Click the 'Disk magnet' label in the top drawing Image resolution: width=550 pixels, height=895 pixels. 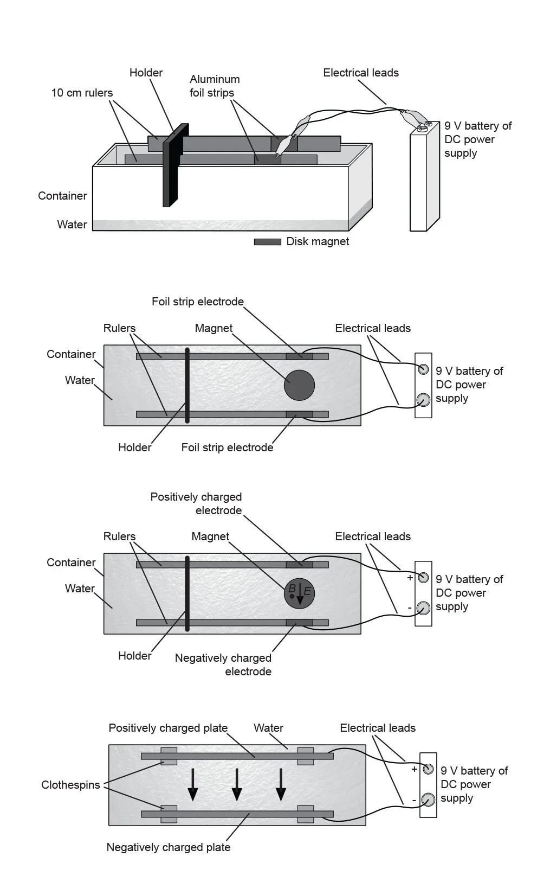click(x=318, y=241)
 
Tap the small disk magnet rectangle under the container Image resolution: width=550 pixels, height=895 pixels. click(x=268, y=242)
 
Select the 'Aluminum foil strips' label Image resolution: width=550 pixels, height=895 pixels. click(x=214, y=86)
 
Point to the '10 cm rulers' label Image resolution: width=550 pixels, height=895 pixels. click(x=82, y=93)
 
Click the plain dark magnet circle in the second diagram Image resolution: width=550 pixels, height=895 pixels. click(x=299, y=385)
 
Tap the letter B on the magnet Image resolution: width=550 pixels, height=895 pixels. click(x=292, y=589)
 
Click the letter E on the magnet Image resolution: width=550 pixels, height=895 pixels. click(x=307, y=591)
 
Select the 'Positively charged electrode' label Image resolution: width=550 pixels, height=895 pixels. click(x=196, y=503)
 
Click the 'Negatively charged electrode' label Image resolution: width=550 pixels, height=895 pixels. click(x=223, y=664)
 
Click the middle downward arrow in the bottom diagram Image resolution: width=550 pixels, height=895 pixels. click(x=237, y=785)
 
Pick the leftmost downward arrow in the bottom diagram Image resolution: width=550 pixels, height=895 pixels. click(x=192, y=785)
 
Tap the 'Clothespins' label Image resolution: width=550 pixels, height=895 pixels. click(x=70, y=785)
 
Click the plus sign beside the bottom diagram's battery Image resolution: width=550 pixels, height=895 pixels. click(x=415, y=769)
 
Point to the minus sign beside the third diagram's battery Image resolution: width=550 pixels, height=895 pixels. click(x=410, y=608)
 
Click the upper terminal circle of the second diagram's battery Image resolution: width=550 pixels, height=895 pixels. click(x=424, y=370)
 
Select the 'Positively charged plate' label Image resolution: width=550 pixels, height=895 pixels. click(x=168, y=728)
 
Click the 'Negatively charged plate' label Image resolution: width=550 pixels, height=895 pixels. click(x=169, y=847)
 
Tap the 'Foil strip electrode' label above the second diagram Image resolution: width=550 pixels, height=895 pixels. click(x=198, y=302)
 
